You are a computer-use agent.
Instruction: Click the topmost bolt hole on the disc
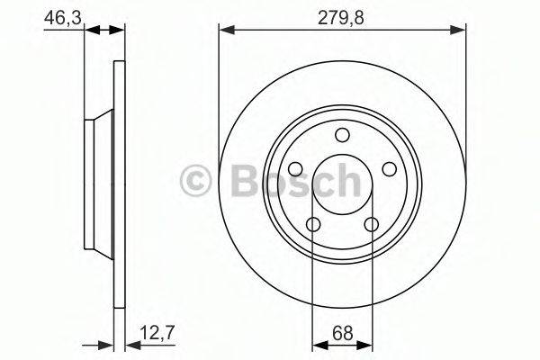tap(342, 135)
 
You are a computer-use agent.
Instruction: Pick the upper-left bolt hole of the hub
tap(294, 169)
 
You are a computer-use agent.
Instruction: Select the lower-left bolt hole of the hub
tap(312, 225)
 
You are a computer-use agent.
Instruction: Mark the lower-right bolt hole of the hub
tap(372, 225)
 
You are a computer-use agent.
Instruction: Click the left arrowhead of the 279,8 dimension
tap(225, 31)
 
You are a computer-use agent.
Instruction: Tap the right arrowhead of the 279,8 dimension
tap(460, 31)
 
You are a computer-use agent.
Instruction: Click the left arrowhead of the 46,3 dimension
tap(90, 31)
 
